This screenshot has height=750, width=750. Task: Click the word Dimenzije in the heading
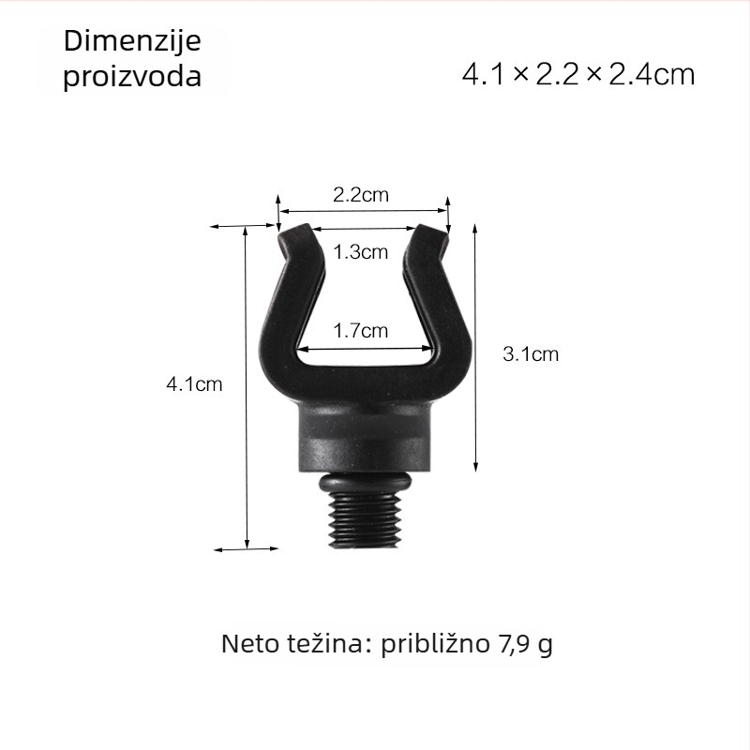pos(132,41)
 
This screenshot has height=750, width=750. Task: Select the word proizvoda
pos(132,77)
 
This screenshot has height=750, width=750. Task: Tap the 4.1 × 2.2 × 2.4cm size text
pos(578,75)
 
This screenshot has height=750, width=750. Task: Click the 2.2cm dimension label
pos(361,195)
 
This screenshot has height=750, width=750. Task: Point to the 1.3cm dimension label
pos(361,252)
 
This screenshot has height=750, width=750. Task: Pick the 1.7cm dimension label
pos(361,331)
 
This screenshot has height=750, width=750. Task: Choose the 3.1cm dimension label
pos(531,354)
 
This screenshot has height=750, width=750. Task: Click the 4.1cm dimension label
pos(194,384)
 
